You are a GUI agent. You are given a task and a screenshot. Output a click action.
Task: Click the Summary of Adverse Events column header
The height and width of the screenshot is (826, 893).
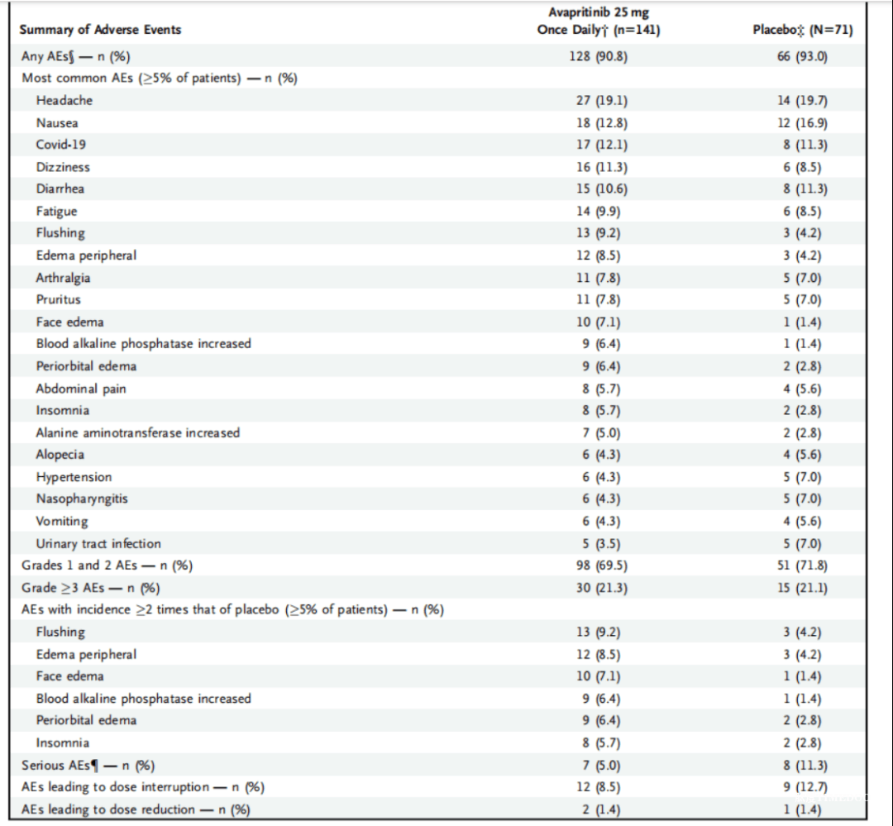(x=100, y=30)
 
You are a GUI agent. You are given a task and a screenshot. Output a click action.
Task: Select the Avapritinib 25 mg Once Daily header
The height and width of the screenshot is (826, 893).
(x=599, y=21)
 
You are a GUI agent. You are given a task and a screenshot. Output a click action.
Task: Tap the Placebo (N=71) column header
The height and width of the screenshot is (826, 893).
(x=803, y=30)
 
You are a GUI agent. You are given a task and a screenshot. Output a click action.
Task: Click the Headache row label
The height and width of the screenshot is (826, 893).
(x=64, y=100)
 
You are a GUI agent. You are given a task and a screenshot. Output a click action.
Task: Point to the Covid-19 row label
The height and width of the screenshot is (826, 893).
(x=61, y=145)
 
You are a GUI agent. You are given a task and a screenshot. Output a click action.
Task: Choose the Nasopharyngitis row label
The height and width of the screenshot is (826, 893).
(x=82, y=499)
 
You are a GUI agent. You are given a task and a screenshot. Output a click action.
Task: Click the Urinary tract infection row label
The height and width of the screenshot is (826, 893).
(x=98, y=543)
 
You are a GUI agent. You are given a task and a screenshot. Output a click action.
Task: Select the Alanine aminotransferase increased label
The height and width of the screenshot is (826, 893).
(x=138, y=433)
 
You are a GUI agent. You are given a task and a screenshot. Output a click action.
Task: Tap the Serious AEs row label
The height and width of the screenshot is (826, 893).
(x=88, y=765)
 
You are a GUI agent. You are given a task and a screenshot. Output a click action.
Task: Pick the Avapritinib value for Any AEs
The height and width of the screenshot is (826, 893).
(x=599, y=56)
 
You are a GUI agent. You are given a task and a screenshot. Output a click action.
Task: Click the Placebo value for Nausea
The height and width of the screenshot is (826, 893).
(x=802, y=123)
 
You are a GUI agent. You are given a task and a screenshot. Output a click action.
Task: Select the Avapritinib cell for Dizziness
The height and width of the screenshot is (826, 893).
(x=602, y=167)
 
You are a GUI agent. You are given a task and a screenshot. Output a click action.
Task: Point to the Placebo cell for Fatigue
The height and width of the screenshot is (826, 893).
(x=802, y=212)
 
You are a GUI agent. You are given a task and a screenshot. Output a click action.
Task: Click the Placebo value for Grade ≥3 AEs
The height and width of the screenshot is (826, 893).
(x=802, y=587)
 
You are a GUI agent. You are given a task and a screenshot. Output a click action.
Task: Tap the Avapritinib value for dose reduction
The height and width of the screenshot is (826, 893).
(x=601, y=809)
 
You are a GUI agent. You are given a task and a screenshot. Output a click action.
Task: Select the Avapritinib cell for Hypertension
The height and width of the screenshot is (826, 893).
(x=601, y=477)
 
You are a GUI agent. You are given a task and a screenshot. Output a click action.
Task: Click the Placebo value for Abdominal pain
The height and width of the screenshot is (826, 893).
(x=802, y=389)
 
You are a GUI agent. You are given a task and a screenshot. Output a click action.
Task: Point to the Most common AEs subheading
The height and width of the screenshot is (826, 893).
(x=160, y=78)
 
